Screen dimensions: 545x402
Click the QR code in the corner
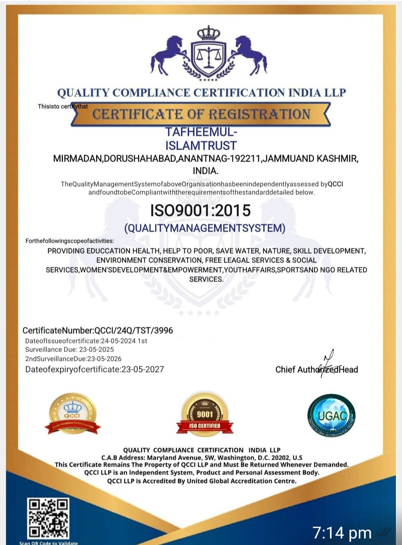point(48,518)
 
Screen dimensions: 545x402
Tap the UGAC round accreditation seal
point(331,415)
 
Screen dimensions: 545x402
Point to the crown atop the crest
point(208,33)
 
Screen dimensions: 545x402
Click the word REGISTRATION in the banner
point(259,114)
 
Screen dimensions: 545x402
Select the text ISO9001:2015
point(200,210)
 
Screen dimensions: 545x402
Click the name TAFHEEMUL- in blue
point(201,132)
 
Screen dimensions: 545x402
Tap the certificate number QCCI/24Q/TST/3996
point(134,330)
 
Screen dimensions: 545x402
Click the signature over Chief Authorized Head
point(328,362)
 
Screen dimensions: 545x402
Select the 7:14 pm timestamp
point(342,533)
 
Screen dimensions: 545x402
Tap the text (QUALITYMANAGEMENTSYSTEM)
point(205,228)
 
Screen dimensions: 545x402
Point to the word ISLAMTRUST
point(201,146)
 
